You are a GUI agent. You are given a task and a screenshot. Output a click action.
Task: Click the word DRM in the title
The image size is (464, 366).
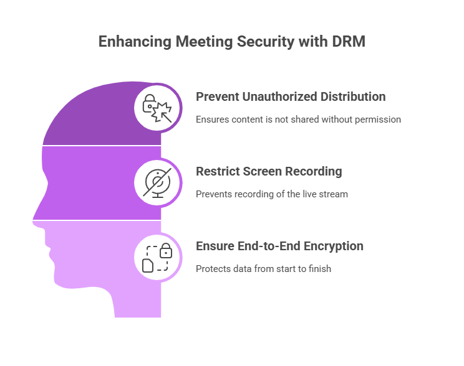coord(349,41)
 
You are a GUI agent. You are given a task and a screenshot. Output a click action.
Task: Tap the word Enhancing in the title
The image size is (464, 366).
coord(135,42)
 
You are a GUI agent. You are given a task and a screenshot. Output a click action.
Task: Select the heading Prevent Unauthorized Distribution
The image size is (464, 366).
coord(291,97)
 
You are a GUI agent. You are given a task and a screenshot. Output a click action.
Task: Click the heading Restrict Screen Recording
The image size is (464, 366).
coord(269,172)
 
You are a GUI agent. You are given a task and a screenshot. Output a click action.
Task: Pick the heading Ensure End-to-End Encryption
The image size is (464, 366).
coord(279,246)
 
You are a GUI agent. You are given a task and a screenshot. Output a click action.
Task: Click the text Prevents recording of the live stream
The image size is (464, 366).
coord(272,194)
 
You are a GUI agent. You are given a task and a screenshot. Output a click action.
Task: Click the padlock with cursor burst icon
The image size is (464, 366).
coord(157,108)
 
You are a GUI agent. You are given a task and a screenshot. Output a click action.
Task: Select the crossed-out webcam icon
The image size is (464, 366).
coord(157,183)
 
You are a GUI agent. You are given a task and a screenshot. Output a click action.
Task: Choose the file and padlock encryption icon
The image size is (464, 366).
coord(157,258)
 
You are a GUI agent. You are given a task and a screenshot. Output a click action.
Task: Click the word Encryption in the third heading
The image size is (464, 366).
coord(334,246)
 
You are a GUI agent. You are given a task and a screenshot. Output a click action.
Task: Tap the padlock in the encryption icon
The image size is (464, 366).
coord(166,250)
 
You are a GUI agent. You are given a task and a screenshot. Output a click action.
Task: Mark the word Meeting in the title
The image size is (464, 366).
coord(204,42)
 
